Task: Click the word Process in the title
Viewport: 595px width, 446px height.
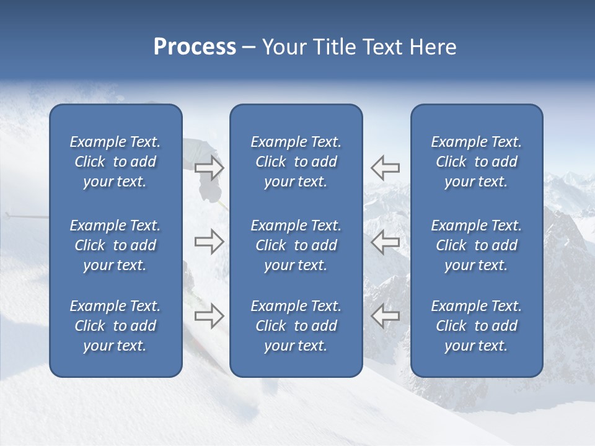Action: point(195,47)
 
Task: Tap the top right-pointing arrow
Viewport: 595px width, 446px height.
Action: point(209,168)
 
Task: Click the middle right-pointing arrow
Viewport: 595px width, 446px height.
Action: point(209,242)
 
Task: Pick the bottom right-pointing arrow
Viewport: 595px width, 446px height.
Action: point(209,315)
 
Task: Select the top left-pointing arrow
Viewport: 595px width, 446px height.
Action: point(386,168)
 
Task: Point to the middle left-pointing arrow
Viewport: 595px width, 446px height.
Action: point(386,242)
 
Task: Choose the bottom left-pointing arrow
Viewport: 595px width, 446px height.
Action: point(386,315)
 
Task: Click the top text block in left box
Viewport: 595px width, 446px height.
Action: point(115,162)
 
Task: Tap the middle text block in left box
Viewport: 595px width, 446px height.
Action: point(115,245)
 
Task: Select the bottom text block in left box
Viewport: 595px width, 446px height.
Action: point(115,326)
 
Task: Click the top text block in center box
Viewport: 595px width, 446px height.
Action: point(296,162)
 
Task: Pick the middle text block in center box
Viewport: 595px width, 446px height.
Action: point(296,245)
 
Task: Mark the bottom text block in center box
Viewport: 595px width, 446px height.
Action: point(296,326)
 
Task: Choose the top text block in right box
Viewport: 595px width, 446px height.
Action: point(476,162)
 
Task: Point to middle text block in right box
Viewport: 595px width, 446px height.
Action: point(476,245)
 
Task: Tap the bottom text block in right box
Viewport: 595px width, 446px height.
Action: point(476,326)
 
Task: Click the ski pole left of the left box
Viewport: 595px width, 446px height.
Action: point(25,217)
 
